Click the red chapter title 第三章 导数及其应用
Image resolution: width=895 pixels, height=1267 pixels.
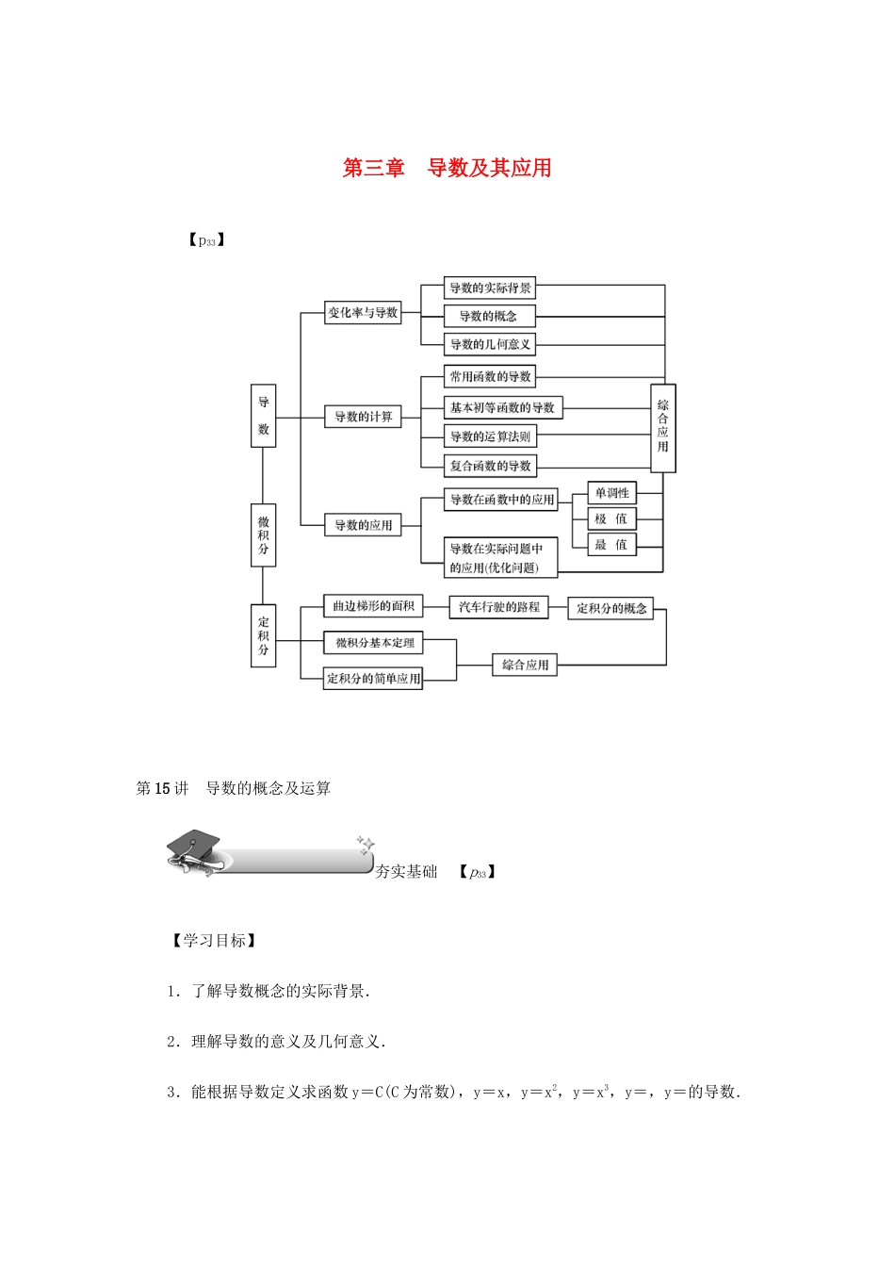(x=447, y=168)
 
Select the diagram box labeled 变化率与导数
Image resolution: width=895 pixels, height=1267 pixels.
(x=363, y=313)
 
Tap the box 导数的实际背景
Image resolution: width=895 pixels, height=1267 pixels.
(x=489, y=288)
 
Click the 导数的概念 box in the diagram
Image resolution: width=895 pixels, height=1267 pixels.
(x=489, y=316)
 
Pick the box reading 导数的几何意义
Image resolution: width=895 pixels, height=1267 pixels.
(x=489, y=344)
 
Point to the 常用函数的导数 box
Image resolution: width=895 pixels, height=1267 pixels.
(x=489, y=376)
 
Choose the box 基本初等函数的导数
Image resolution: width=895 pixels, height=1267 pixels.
(x=502, y=407)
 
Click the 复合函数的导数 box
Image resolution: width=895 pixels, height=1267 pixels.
(x=489, y=466)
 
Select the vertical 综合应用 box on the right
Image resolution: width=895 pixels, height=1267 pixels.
(x=662, y=427)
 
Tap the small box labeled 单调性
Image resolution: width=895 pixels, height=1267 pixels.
(x=611, y=493)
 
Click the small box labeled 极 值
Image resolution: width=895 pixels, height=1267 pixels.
(x=611, y=518)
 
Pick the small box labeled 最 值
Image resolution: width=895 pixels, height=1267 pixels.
(x=611, y=545)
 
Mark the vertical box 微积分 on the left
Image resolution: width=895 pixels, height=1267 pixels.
(x=263, y=535)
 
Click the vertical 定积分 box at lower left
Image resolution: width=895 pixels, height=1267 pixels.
(x=263, y=635)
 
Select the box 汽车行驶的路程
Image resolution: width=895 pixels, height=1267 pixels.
(x=499, y=607)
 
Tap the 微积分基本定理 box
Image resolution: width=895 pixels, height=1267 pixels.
(x=374, y=643)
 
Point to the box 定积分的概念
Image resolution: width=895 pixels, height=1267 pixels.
(x=611, y=609)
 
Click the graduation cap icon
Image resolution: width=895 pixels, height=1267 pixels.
(x=194, y=849)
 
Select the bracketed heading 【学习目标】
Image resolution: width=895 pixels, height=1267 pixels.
(x=213, y=941)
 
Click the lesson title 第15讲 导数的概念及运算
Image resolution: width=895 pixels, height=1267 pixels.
(x=234, y=788)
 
